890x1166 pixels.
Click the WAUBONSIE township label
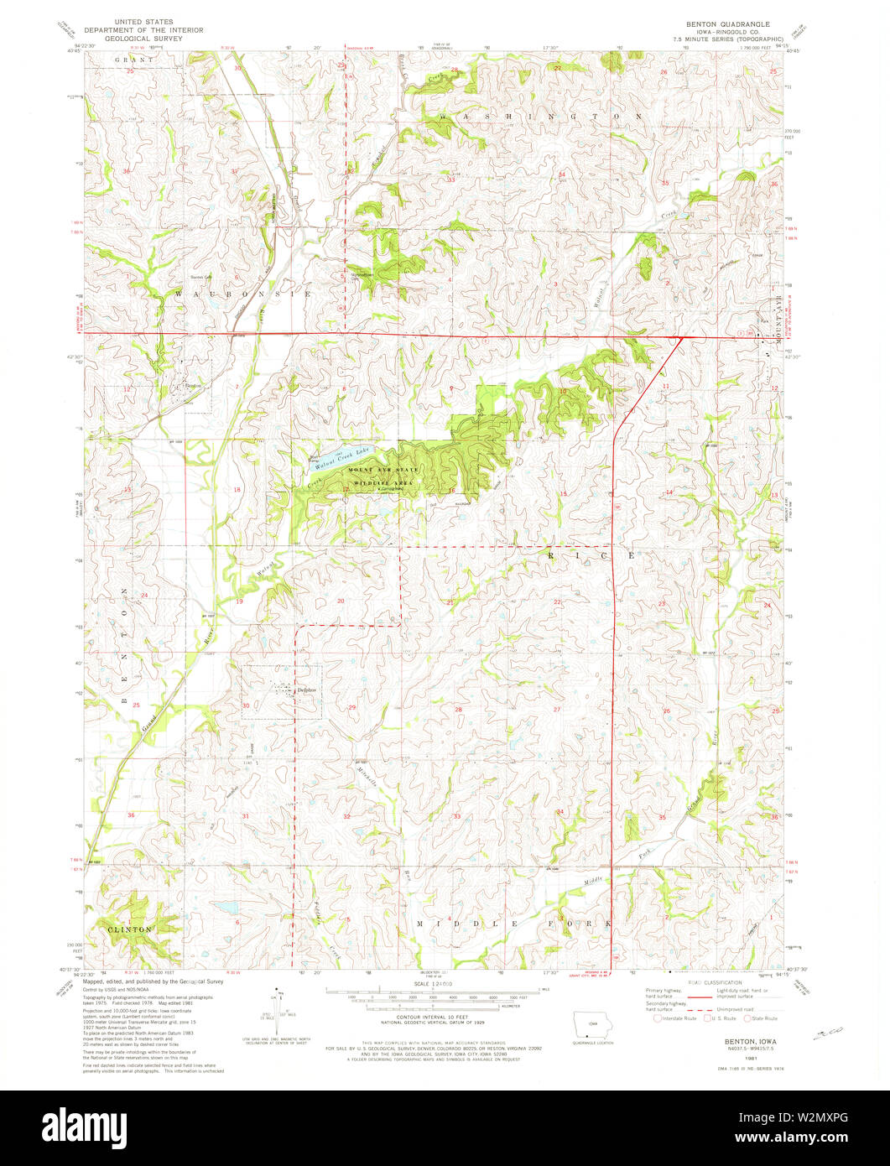click(x=242, y=294)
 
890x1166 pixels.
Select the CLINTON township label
click(x=129, y=929)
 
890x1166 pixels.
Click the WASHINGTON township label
click(x=541, y=117)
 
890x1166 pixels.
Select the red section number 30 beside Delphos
click(x=246, y=705)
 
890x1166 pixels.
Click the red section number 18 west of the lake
click(x=237, y=490)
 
